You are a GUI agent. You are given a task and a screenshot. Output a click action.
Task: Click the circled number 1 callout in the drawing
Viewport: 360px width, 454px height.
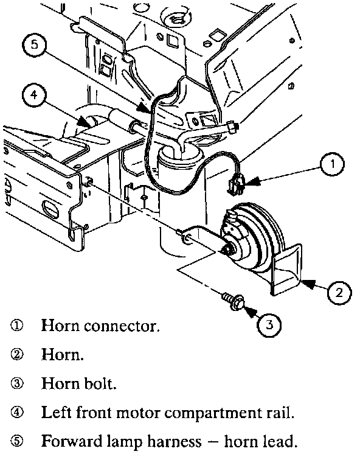[332, 164]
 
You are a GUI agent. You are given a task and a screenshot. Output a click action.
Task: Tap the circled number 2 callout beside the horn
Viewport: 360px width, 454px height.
[339, 293]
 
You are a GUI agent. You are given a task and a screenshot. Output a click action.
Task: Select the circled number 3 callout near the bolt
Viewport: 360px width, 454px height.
[269, 324]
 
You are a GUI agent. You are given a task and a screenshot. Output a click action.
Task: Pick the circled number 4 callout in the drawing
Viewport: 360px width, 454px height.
[34, 94]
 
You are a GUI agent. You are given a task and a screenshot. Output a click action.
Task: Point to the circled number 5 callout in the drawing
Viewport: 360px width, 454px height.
[34, 45]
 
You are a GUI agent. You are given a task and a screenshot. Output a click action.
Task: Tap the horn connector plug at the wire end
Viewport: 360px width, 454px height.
[235, 186]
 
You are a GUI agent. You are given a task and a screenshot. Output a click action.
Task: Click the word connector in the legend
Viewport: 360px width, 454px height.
[122, 327]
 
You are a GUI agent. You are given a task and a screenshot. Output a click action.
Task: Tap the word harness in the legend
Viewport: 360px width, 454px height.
[174, 442]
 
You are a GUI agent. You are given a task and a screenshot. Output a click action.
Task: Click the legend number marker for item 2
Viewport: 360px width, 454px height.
[16, 355]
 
